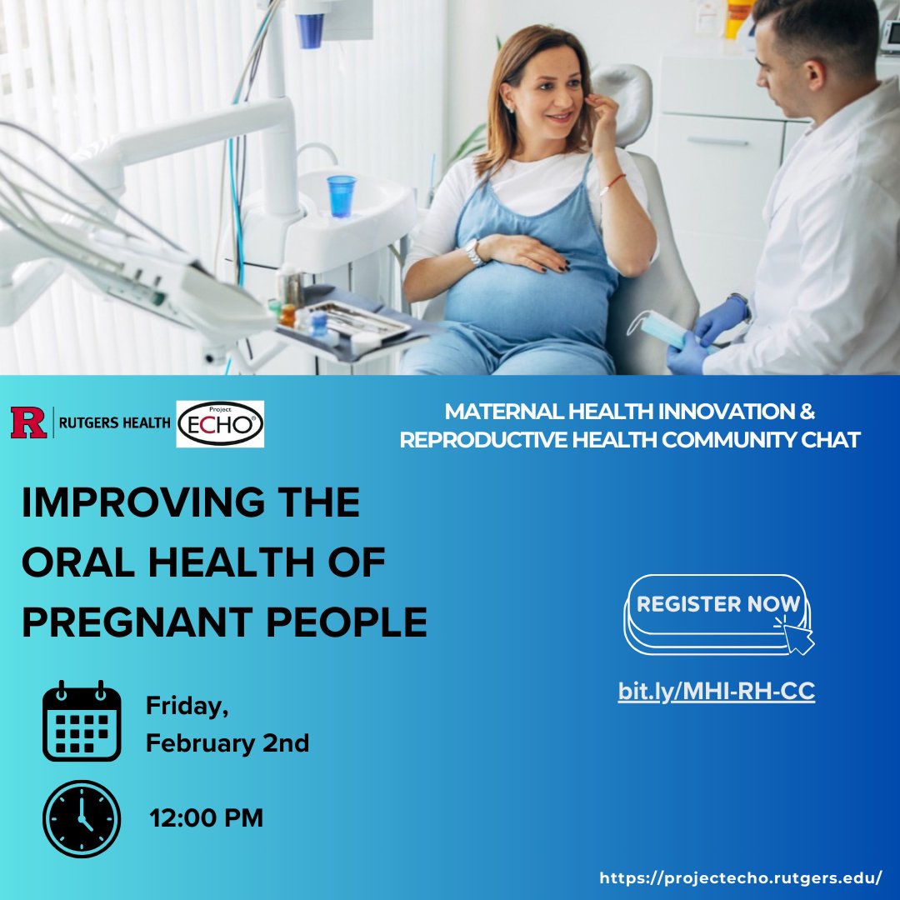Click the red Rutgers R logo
click(28, 422)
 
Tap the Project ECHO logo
click(220, 423)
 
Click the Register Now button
click(717, 614)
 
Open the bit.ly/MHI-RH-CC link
click(717, 691)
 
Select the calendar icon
click(82, 721)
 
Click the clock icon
click(82, 819)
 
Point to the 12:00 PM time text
click(206, 818)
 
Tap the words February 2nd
click(227, 742)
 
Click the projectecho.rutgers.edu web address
click(741, 877)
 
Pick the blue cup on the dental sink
click(342, 197)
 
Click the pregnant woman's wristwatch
click(473, 252)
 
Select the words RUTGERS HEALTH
click(115, 423)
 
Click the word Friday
click(187, 706)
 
